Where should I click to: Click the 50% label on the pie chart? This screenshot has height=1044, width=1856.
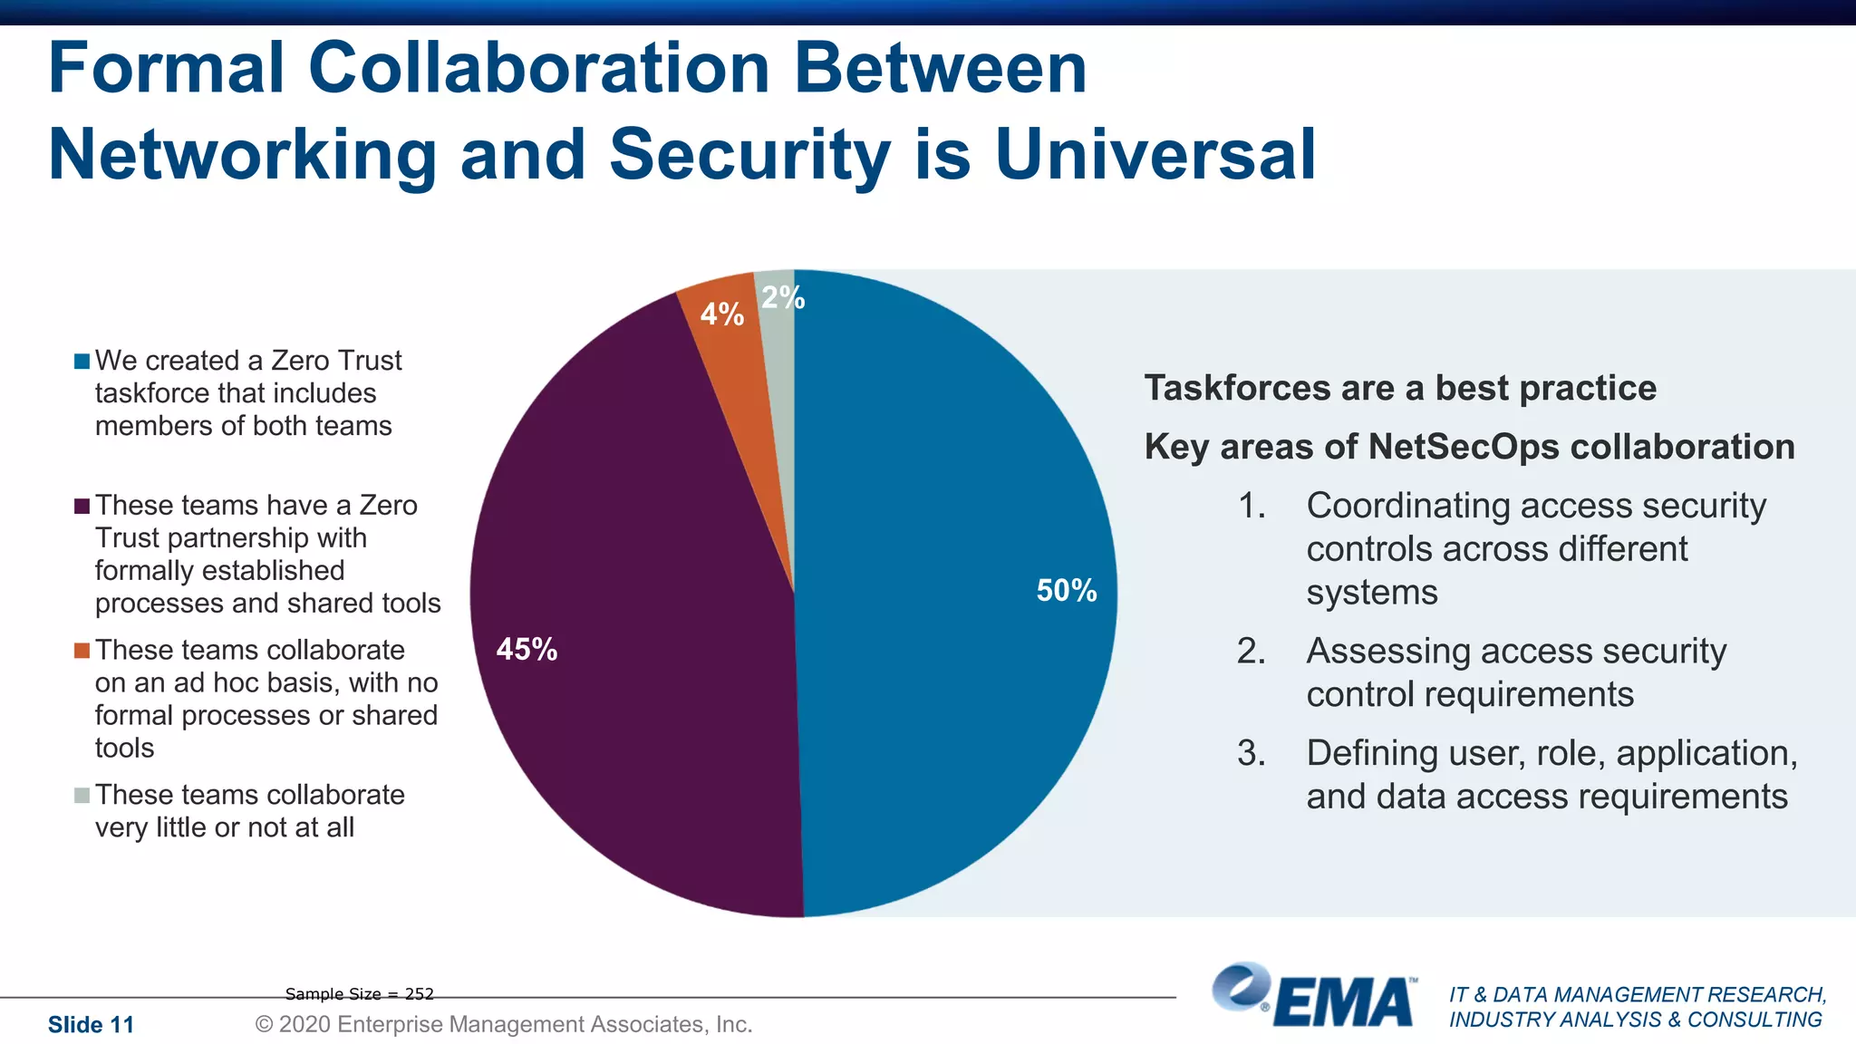pos(1067,591)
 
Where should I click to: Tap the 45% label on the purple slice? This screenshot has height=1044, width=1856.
pos(527,649)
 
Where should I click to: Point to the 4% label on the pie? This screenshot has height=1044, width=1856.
pos(722,314)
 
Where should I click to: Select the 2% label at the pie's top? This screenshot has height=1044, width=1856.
pos(783,297)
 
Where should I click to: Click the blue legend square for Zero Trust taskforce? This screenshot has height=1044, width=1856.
pos(82,362)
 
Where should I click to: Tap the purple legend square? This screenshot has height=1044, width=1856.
pos(82,506)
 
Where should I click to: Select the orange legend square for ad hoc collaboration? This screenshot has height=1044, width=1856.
pos(82,651)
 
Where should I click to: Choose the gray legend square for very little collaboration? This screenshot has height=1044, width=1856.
pos(82,796)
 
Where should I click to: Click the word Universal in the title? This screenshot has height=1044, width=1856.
pos(1155,154)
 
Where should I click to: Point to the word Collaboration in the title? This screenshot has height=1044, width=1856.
pos(539,68)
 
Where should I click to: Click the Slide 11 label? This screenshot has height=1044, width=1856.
pos(91,1025)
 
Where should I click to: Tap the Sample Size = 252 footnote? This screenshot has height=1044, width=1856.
pos(360,994)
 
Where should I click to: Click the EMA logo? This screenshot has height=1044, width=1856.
pos(1314,997)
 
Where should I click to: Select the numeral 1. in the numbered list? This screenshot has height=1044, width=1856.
pos(1252,506)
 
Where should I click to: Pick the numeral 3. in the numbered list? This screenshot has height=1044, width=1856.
pos(1252,753)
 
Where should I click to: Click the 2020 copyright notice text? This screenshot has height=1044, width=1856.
pos(504,1024)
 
